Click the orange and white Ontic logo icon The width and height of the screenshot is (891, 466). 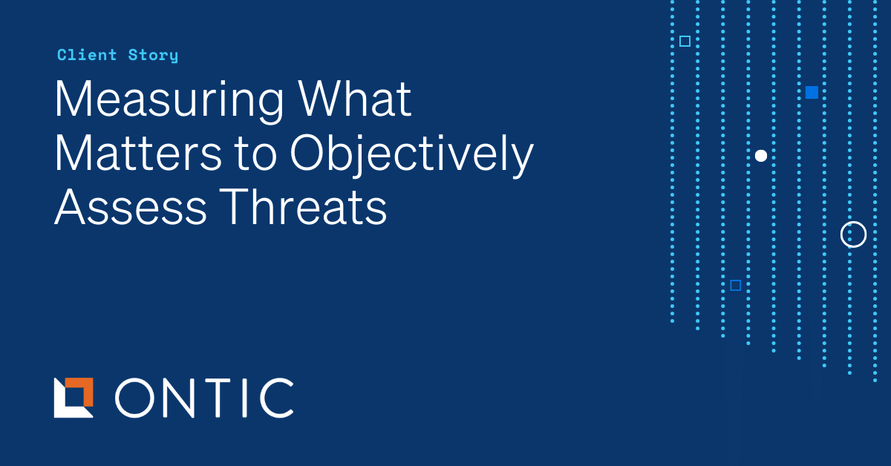[x=74, y=398]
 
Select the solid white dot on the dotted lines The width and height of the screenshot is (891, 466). [x=760, y=156]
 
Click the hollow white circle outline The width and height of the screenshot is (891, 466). [x=853, y=234]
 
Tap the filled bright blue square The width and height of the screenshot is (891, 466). [x=812, y=93]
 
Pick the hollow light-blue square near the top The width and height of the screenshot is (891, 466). [x=685, y=42]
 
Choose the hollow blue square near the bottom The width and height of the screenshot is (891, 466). [x=735, y=285]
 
